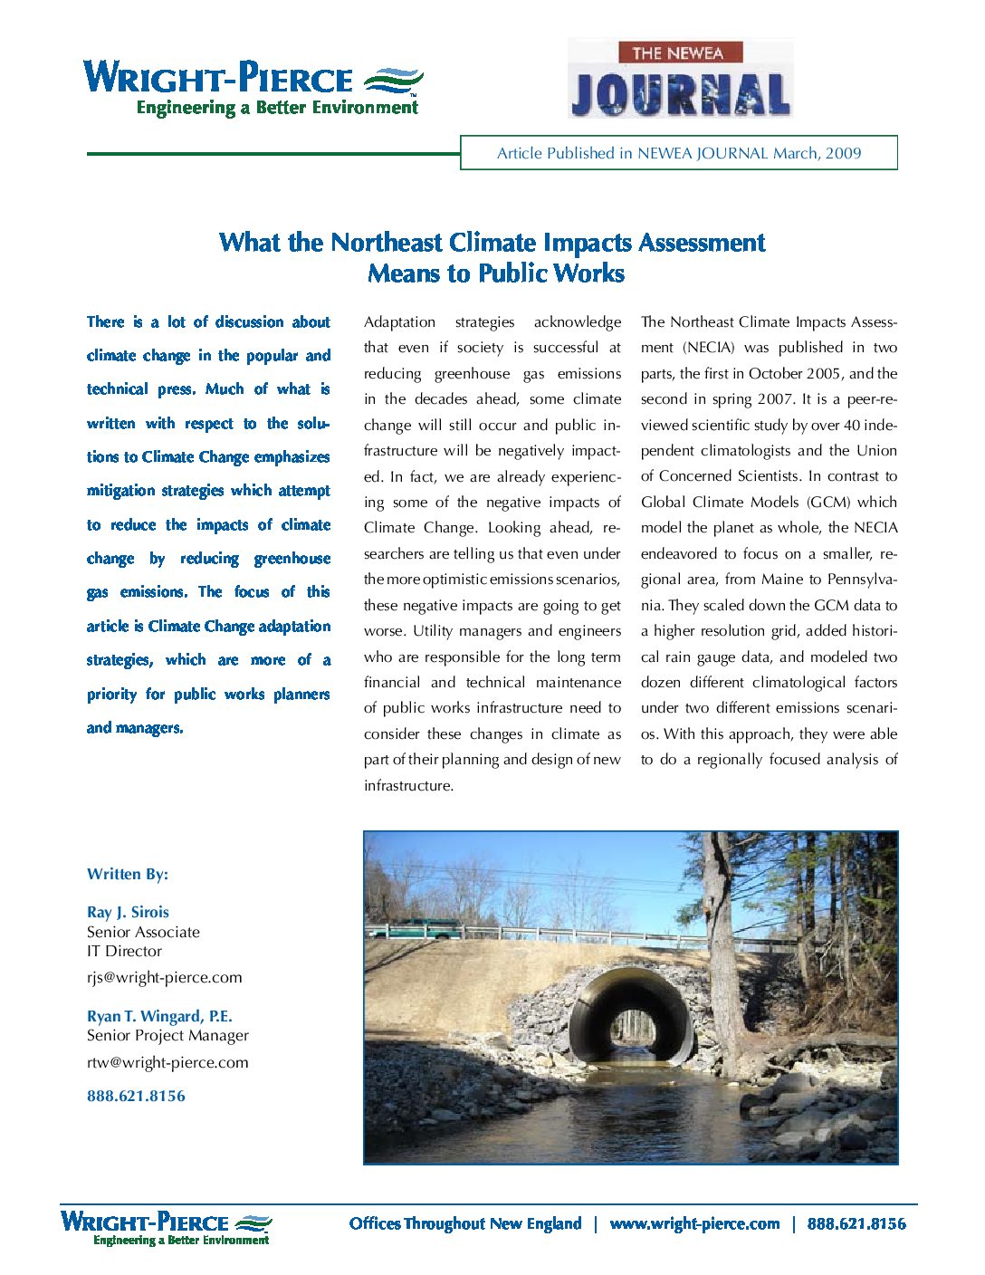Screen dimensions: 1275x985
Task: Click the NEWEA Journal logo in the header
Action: [680, 79]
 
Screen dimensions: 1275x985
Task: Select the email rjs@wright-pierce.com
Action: [165, 977]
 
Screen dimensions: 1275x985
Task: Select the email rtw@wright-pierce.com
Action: [167, 1062]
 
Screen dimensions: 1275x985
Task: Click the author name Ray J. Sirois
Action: [128, 912]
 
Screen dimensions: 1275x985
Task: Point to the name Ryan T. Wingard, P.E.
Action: [159, 1016]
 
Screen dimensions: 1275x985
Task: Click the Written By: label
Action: [128, 874]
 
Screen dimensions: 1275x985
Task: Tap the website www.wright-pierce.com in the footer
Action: [694, 1223]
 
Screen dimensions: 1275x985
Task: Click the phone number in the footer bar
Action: [856, 1223]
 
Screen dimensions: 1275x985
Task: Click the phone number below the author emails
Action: [136, 1096]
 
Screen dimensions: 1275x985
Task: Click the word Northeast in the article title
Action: [387, 243]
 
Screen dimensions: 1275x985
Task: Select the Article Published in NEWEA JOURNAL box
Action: [679, 153]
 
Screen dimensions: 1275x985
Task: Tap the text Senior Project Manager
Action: [167, 1035]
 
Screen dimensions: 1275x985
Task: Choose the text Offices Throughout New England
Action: [465, 1223]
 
